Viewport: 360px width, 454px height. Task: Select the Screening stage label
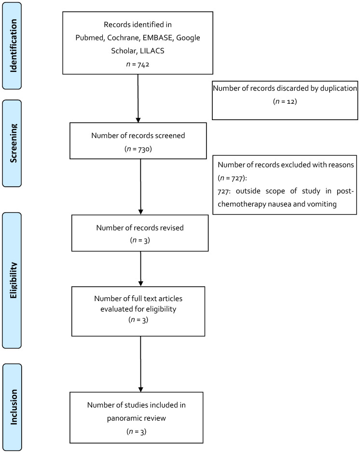coord(18,143)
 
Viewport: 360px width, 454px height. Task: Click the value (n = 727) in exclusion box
coord(233,177)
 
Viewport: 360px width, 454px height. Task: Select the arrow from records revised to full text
coord(140,268)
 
